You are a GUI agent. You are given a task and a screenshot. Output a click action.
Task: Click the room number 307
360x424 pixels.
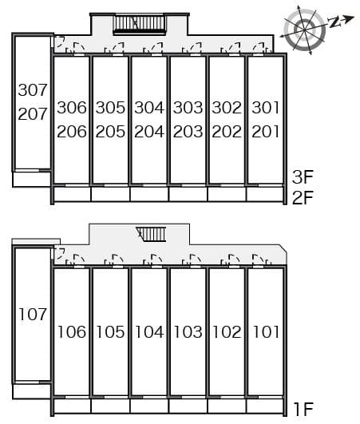(33, 90)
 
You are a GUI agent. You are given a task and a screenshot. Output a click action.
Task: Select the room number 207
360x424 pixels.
(33, 114)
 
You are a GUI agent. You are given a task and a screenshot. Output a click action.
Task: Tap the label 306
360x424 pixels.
(72, 108)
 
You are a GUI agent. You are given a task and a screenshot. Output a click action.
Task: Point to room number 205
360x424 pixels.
(110, 132)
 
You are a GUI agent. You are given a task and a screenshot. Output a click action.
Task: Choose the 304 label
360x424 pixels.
(149, 108)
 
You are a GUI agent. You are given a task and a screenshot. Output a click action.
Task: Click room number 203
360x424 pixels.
(188, 132)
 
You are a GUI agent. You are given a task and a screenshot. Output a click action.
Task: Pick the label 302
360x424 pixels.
(227, 108)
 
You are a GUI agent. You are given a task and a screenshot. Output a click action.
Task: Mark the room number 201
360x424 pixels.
(265, 132)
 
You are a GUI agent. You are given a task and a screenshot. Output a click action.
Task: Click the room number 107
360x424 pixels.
(33, 315)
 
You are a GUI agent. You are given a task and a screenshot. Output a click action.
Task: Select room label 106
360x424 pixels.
(72, 332)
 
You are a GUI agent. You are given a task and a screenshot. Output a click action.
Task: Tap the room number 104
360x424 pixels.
(149, 332)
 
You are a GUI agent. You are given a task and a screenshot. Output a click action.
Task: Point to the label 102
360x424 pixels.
(227, 332)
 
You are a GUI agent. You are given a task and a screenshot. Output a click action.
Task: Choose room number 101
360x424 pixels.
(265, 332)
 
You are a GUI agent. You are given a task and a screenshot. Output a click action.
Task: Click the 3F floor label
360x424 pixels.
(303, 177)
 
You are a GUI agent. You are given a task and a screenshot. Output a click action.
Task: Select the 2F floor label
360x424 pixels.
(303, 197)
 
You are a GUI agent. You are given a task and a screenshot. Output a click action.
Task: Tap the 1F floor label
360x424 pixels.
(304, 409)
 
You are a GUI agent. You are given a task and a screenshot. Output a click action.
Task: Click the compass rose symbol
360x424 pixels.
(305, 30)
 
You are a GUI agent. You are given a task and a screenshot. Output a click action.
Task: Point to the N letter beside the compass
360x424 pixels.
(334, 22)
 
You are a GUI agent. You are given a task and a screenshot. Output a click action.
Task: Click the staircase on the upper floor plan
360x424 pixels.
(140, 24)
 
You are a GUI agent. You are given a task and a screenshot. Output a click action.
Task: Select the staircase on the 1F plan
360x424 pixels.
(152, 234)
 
